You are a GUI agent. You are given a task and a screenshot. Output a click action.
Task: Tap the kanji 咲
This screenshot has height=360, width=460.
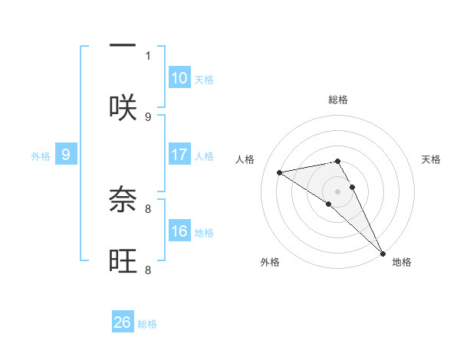pos(123,108)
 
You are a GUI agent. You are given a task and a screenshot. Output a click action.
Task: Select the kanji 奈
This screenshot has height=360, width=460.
pos(123,200)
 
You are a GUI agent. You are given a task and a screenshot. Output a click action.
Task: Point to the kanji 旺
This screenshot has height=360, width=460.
pos(123,261)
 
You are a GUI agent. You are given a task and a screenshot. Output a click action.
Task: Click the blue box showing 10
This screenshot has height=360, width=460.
pos(179,78)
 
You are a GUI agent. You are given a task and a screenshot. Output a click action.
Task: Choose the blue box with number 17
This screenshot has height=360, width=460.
pos(179,155)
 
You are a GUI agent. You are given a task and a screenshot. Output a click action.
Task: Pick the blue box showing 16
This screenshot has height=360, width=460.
pos(179,231)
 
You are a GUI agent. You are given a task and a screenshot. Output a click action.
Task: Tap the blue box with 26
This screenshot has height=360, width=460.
pos(123,322)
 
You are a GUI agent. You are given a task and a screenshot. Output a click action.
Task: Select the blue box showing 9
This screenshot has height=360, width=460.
pos(66,155)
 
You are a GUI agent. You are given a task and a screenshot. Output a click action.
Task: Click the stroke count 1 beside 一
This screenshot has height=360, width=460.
pos(148,55)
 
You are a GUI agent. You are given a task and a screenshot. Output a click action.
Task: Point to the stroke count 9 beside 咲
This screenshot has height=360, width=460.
pos(148,116)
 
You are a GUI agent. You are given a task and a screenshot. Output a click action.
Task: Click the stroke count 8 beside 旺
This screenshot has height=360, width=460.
pos(148,270)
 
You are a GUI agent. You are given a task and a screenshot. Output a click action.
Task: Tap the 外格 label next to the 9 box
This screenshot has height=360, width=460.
pos(41,156)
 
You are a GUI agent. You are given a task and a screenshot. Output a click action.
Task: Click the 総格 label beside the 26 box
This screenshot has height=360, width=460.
pos(147,324)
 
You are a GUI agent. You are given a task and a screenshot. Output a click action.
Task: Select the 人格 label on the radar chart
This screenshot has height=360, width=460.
pos(246,159)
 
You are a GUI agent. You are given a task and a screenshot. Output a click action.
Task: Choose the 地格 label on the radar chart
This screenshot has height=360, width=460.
pos(402,263)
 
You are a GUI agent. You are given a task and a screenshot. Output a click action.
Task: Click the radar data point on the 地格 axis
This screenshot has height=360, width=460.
pos(383,254)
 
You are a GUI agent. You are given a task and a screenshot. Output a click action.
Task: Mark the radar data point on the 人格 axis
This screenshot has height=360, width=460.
pos(280,172)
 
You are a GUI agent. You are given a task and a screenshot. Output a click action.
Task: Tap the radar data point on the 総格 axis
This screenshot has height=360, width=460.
pos(337,161)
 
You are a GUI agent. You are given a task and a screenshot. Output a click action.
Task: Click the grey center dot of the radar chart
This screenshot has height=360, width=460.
pos(337,191)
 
